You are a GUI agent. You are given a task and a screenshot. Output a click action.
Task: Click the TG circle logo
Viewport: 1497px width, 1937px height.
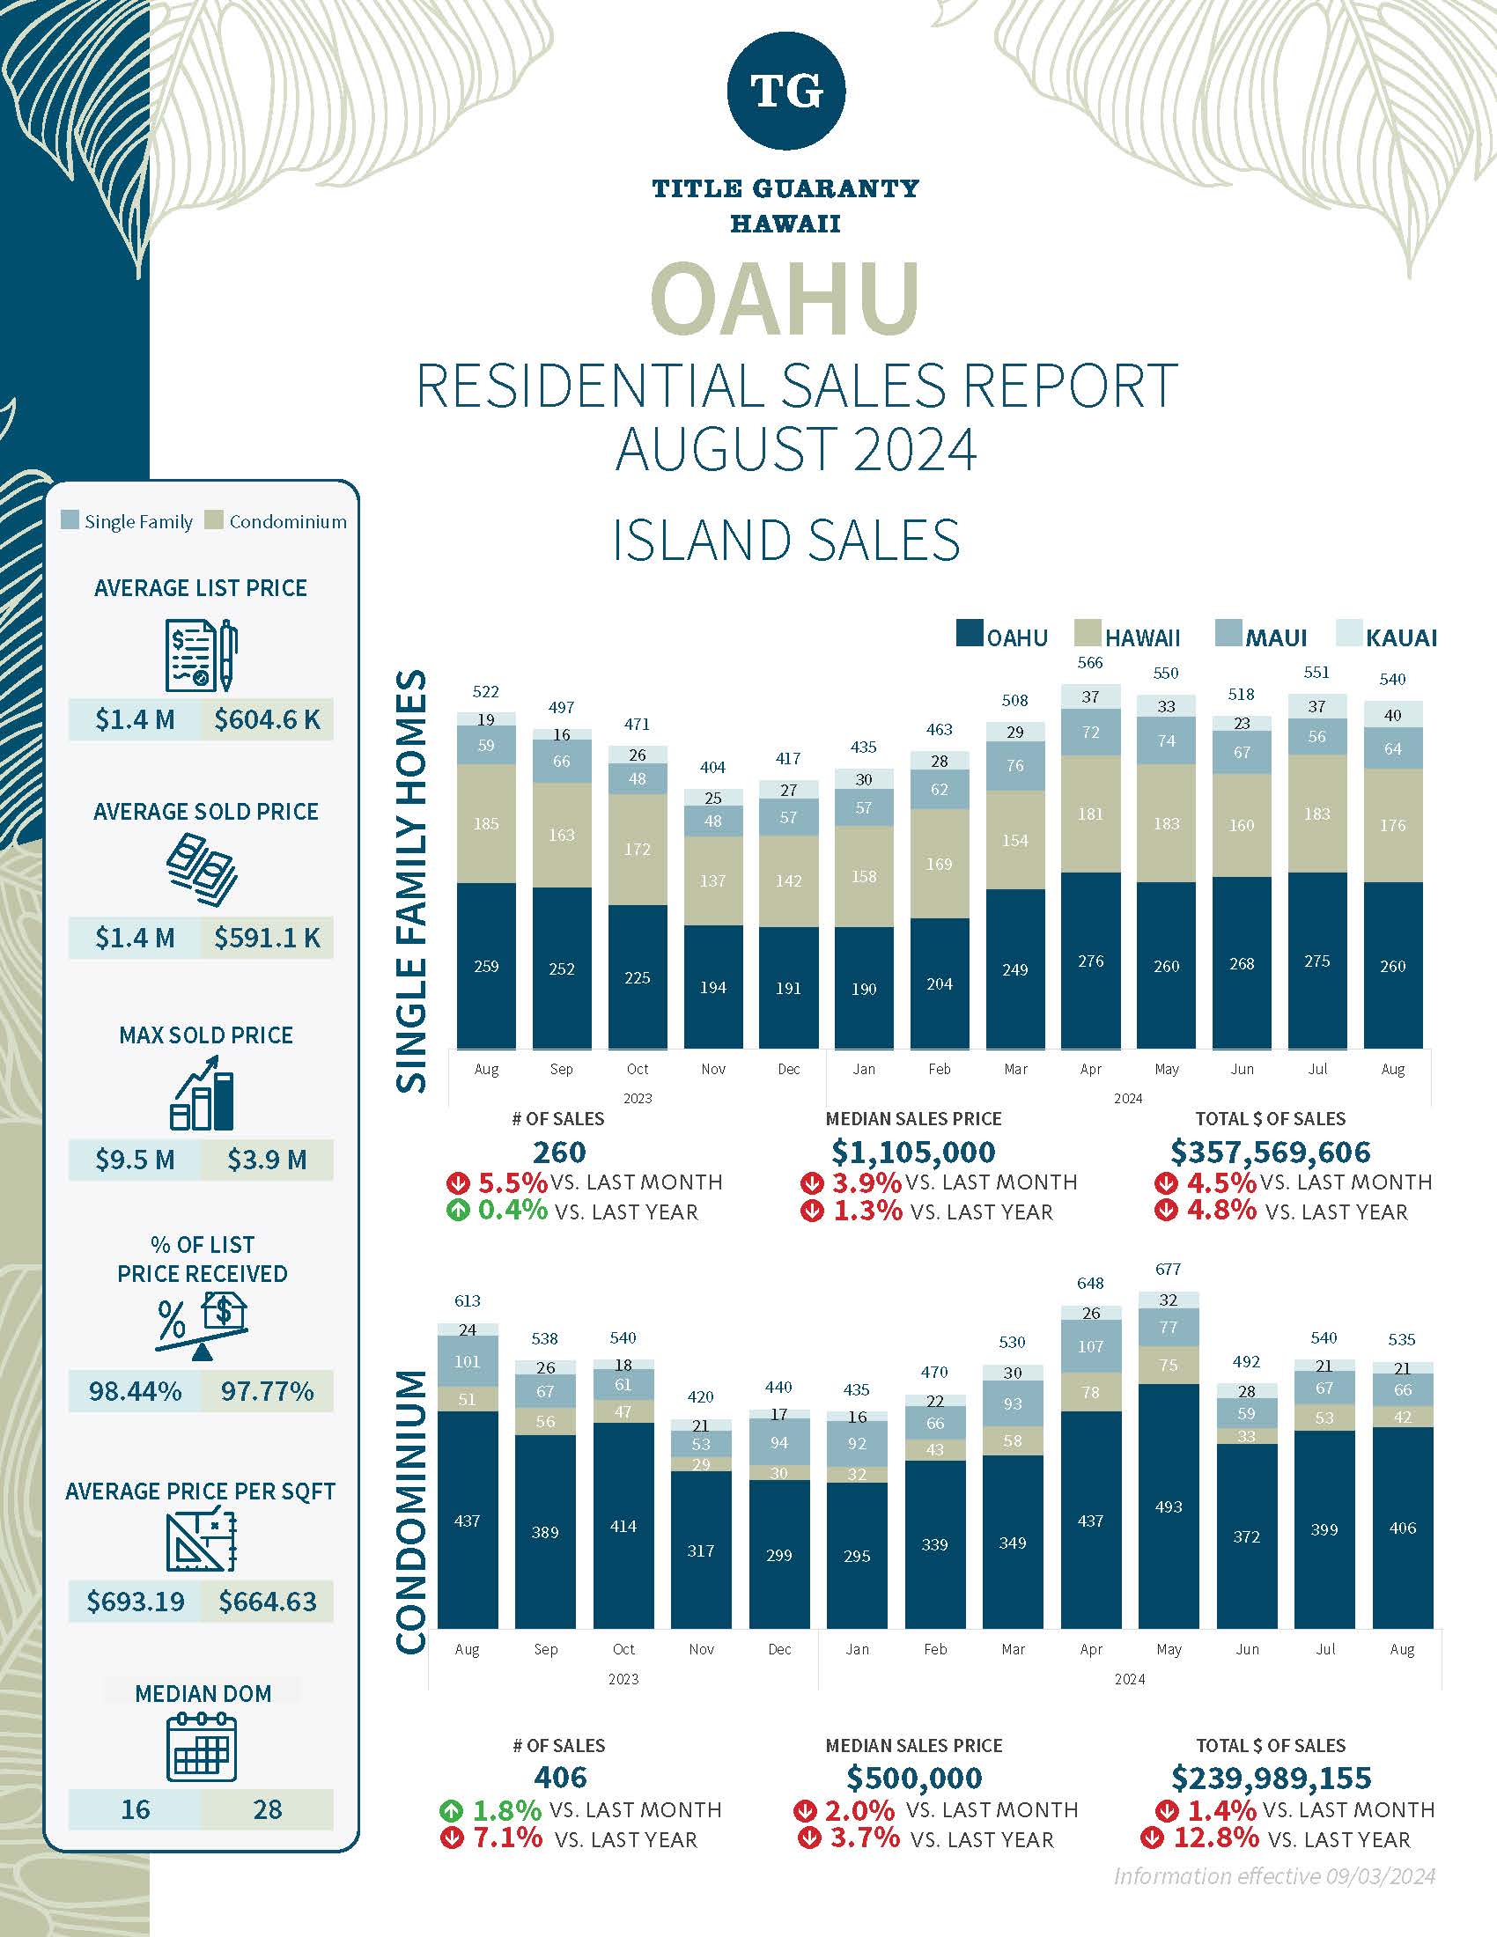(785, 90)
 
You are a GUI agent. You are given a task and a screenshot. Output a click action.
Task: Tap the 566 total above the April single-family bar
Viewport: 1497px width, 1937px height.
(1090, 662)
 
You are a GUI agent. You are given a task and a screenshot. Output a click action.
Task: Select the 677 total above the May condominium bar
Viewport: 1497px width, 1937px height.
(1168, 1269)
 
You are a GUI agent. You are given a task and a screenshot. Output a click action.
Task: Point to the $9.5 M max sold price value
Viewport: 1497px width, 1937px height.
(135, 1160)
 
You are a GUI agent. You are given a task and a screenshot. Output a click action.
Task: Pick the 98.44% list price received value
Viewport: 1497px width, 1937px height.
(135, 1390)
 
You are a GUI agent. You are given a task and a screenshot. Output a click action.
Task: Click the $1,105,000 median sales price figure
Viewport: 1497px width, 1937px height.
(913, 1153)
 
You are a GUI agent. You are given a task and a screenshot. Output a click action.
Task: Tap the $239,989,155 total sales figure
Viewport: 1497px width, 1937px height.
(1271, 1778)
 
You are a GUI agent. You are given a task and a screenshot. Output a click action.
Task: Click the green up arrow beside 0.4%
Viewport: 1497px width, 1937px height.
(458, 1212)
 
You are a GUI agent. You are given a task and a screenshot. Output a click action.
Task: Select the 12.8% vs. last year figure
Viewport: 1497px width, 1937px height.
(1216, 1838)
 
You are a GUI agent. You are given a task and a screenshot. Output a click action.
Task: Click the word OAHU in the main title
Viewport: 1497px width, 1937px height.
(785, 298)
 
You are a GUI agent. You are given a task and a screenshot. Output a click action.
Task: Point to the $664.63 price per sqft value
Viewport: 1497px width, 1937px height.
(267, 1601)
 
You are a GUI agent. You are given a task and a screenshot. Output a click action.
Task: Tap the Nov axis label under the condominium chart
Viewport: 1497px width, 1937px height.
(701, 1649)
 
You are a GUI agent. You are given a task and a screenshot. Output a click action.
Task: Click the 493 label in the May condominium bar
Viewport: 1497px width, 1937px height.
(1168, 1506)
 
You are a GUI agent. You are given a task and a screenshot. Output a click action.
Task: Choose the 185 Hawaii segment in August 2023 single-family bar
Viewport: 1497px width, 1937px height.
(486, 823)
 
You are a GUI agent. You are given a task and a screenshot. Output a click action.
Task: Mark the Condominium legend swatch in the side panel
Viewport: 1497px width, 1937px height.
(213, 519)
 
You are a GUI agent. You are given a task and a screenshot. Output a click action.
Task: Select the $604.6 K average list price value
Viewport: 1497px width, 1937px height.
(267, 719)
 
